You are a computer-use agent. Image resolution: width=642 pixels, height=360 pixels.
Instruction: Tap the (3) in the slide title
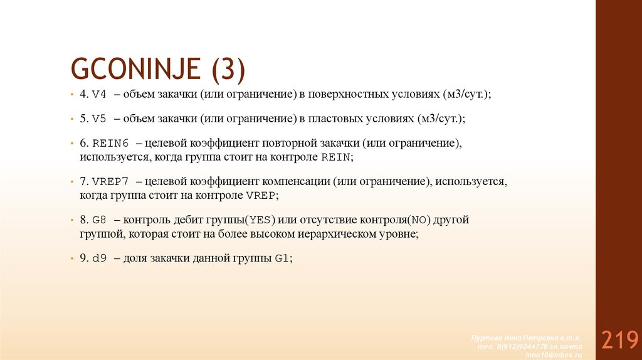point(228,68)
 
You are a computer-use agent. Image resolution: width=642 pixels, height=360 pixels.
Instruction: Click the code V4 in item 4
point(100,94)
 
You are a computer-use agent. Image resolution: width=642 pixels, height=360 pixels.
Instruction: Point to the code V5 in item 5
point(100,119)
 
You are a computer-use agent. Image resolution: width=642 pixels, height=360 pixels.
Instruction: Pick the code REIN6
point(110,144)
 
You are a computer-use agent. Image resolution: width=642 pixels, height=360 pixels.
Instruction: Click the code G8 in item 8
point(100,221)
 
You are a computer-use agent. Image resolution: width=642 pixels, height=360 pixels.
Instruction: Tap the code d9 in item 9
point(100,258)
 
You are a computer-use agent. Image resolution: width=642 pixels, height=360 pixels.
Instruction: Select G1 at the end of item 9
point(282,258)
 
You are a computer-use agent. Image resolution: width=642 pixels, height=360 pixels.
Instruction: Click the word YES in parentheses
point(258,221)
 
